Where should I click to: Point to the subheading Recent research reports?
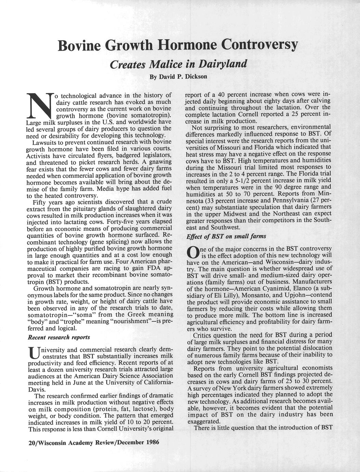click(x=59, y=337)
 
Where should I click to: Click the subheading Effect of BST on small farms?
click(x=226, y=236)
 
